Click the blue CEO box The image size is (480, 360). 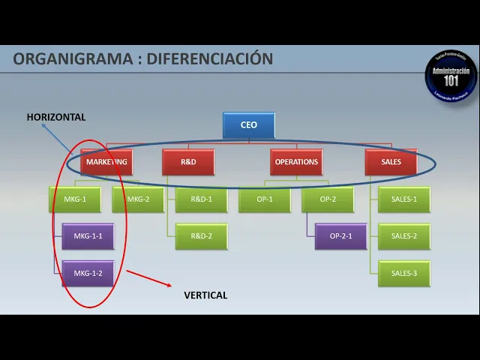pyautogui.click(x=249, y=125)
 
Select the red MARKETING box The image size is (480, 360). pyautogui.click(x=106, y=162)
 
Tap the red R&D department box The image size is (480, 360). pyautogui.click(x=188, y=162)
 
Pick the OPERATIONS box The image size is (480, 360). pyautogui.click(x=296, y=162)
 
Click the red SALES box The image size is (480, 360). pyautogui.click(x=391, y=162)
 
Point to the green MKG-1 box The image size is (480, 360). pyautogui.click(x=75, y=199)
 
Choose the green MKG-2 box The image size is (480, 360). pyautogui.click(x=138, y=199)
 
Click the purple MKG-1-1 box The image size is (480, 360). pyautogui.click(x=88, y=236)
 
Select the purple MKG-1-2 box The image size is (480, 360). pyautogui.click(x=88, y=274)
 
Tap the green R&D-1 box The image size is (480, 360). pyautogui.click(x=201, y=199)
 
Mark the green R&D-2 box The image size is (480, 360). pyautogui.click(x=201, y=236)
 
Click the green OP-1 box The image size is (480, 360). pyautogui.click(x=265, y=199)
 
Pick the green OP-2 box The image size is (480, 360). pyautogui.click(x=328, y=199)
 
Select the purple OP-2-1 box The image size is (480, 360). pyautogui.click(x=340, y=236)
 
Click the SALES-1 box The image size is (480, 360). pyautogui.click(x=404, y=199)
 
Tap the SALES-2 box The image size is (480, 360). pyautogui.click(x=404, y=236)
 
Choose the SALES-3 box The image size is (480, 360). pyautogui.click(x=404, y=274)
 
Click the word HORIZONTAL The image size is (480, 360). pyautogui.click(x=56, y=117)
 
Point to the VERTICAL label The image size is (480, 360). pyautogui.click(x=205, y=295)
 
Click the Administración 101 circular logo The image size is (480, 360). pyautogui.click(x=451, y=76)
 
